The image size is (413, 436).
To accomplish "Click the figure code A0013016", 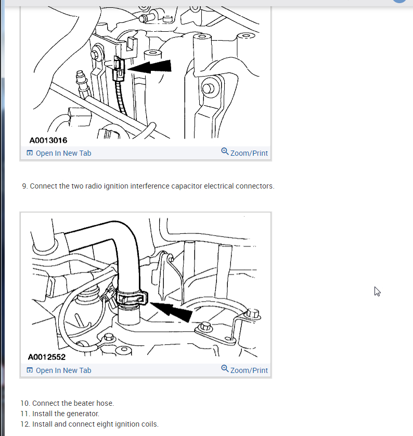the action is coord(48,140).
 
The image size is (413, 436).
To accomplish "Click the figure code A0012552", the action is coord(47,357).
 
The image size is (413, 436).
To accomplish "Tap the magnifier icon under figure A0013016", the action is coord(225,152).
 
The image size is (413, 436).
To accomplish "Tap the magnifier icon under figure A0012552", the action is coord(225,369).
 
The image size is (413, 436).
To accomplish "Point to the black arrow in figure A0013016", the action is coord(149,67).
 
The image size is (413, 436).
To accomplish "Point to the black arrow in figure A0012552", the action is coord(171,312).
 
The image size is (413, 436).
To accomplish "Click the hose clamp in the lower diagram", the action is coord(132,297).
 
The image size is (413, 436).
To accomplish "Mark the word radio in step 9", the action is coord(93,186).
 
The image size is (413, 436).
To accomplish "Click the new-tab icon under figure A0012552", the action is coord(30,370).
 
